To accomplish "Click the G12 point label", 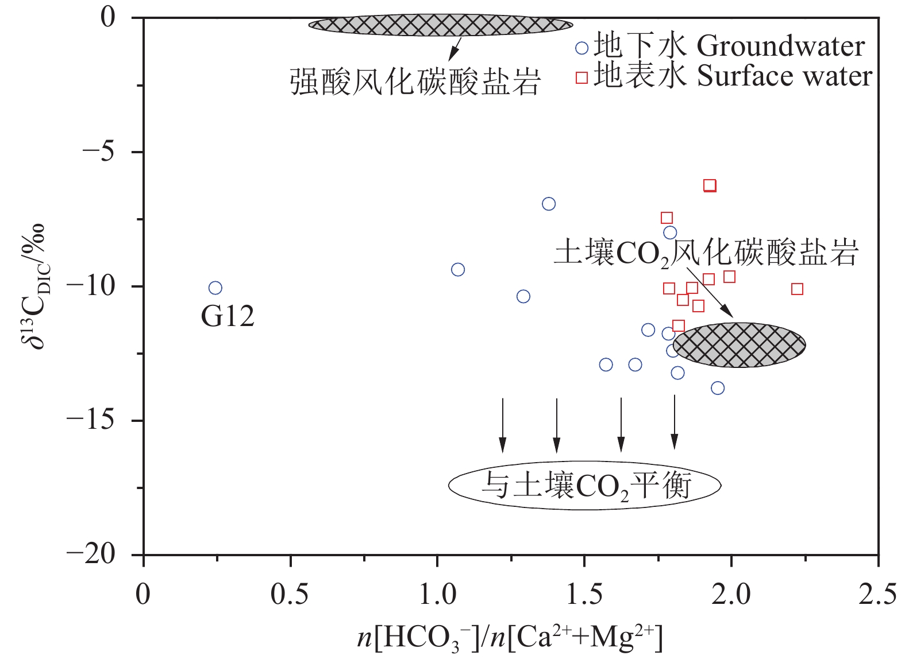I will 228,316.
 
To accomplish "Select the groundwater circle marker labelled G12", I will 215,288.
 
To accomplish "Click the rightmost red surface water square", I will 797,289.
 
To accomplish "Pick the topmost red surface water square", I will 710,185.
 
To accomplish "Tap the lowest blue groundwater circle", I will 718,388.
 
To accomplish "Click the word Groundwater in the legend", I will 781,46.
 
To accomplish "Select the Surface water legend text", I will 784,76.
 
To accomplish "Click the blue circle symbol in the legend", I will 582,48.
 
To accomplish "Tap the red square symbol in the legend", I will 582,77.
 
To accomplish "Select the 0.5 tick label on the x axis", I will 290,595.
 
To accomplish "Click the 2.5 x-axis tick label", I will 877,595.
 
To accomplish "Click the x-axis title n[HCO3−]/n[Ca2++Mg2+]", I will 510,638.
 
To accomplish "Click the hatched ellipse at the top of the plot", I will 441,25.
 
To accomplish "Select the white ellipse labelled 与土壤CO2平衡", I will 584,485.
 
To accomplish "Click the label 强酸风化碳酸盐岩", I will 415,82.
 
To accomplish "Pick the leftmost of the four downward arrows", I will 503,424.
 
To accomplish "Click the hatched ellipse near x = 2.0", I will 740,344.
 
